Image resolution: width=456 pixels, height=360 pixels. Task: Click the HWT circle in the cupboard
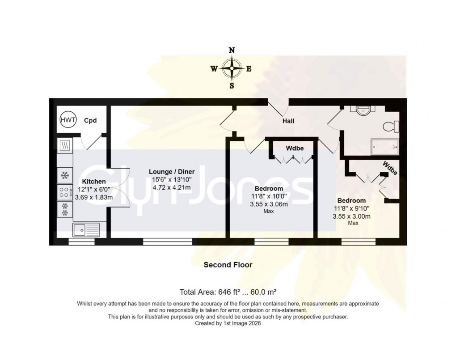pyautogui.click(x=68, y=120)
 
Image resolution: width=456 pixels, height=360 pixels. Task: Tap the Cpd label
pyautogui.click(x=91, y=120)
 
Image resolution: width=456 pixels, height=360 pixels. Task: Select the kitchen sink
pyautogui.click(x=86, y=229)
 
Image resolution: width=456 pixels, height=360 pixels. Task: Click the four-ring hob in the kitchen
pyautogui.click(x=64, y=192)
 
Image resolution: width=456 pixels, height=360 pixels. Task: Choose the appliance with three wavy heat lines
pyautogui.click(x=64, y=145)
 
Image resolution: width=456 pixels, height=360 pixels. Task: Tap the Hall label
pyautogui.click(x=288, y=121)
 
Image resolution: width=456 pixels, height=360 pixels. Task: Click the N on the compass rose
pyautogui.click(x=232, y=51)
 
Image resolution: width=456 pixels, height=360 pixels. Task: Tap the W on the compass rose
pyautogui.click(x=214, y=69)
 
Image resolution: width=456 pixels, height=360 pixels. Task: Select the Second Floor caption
pyautogui.click(x=228, y=265)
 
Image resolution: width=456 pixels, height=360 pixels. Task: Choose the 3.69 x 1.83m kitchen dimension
pyautogui.click(x=94, y=197)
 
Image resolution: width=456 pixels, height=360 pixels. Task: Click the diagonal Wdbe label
pyautogui.click(x=389, y=168)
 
